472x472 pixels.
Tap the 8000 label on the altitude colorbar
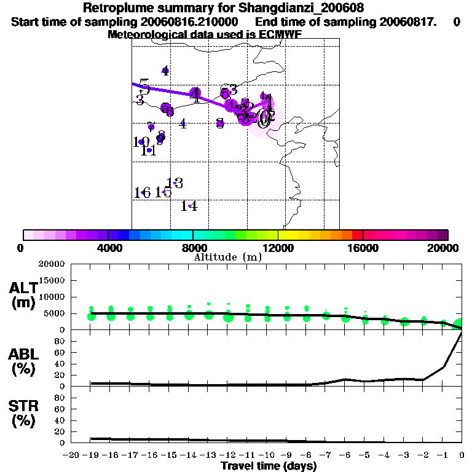[193, 248]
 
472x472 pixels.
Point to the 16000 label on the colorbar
[363, 248]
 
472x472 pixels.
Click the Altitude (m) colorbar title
[227, 257]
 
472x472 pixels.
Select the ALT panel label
[23, 288]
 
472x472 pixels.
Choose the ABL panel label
[23, 355]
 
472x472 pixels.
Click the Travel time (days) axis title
[269, 466]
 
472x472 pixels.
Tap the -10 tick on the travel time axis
[267, 455]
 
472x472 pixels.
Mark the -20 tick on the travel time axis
[71, 455]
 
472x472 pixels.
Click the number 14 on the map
[189, 206]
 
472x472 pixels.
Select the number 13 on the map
[175, 183]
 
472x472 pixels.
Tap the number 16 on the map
[142, 192]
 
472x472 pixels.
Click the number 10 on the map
[141, 142]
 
